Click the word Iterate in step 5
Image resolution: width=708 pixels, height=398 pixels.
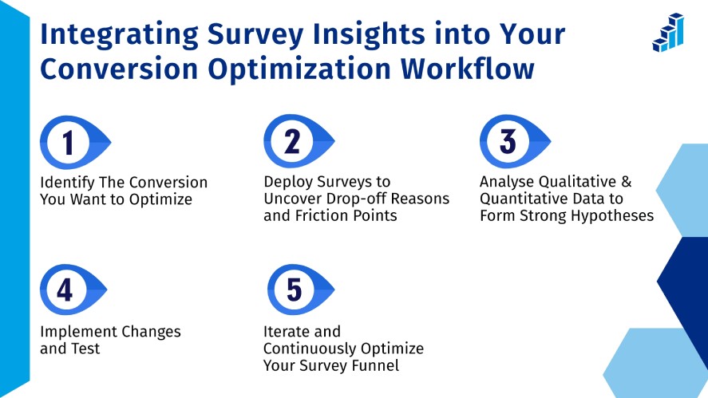[289, 331]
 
